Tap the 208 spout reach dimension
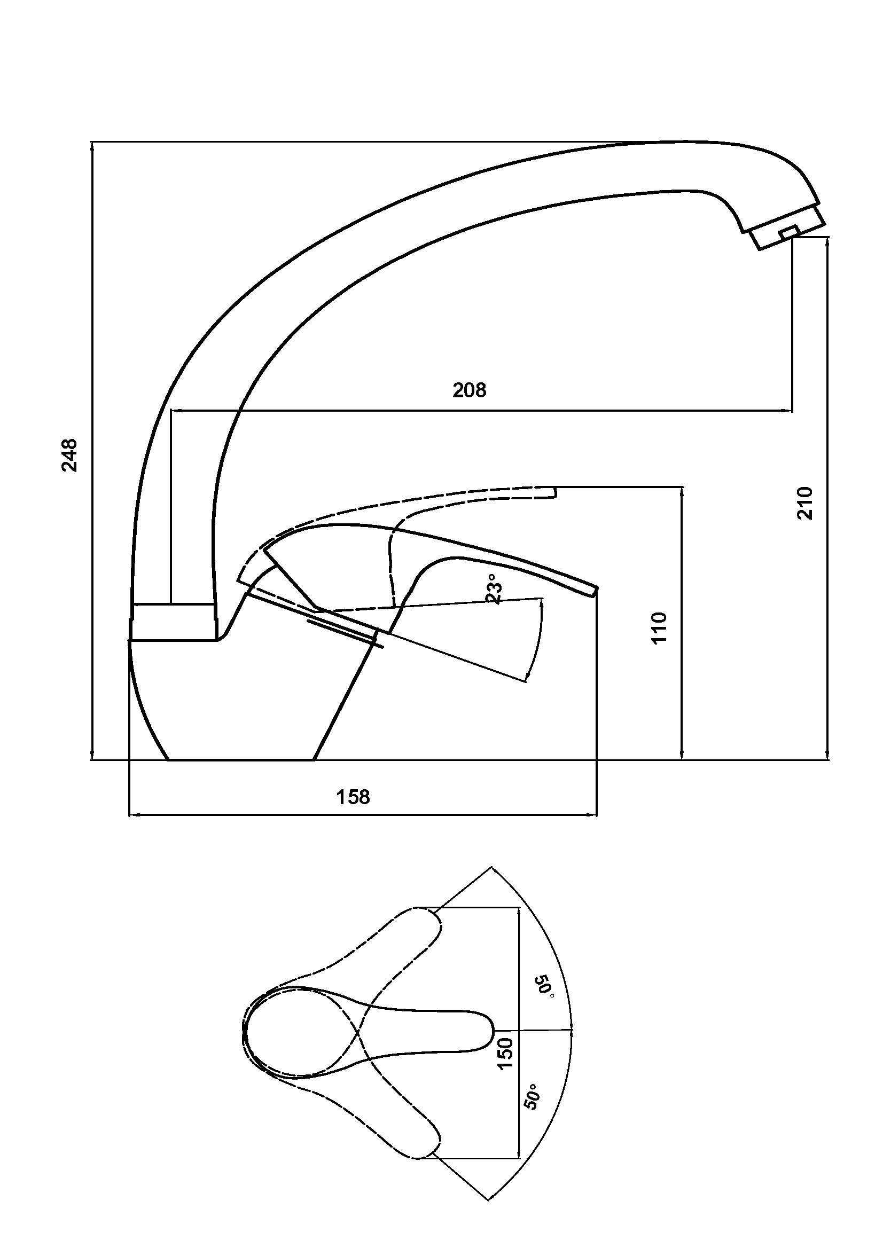pyautogui.click(x=470, y=390)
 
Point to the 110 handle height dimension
pyautogui.click(x=659, y=628)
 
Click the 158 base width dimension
pyautogui.click(x=353, y=797)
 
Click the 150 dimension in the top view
pyautogui.click(x=505, y=1054)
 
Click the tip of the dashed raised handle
pyautogui.click(x=554, y=491)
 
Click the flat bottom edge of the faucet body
pyautogui.click(x=240, y=759)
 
